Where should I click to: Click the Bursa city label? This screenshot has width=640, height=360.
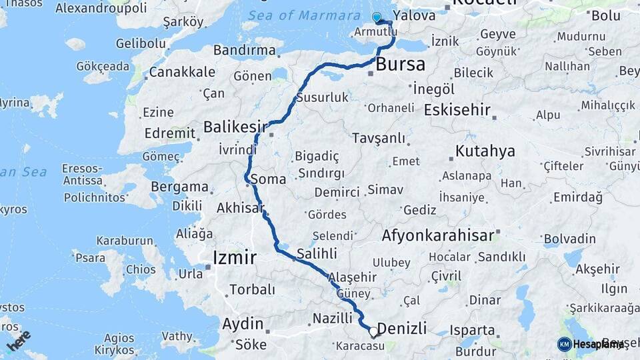(x=401, y=65)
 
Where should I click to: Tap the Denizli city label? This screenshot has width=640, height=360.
(x=402, y=328)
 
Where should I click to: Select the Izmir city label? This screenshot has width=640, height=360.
(x=234, y=257)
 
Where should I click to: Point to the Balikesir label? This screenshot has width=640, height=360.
(x=235, y=127)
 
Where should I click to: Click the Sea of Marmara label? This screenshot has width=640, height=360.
(x=303, y=15)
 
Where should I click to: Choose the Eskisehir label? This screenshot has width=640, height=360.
(x=457, y=110)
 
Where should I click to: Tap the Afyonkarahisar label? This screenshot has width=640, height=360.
(x=438, y=235)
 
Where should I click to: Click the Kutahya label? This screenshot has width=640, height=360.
(x=485, y=151)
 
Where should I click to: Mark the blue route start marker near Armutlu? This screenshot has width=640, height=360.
(x=377, y=17)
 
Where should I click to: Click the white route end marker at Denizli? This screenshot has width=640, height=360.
(x=373, y=331)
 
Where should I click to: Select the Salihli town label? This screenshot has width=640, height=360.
(x=317, y=253)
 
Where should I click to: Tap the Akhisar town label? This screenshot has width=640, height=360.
(x=240, y=209)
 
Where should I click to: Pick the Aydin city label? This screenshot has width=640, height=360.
(x=243, y=324)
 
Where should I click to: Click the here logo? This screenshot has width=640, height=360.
(x=18, y=340)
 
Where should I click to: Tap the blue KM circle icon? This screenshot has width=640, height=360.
(x=564, y=344)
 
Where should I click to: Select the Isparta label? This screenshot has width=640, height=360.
(x=473, y=330)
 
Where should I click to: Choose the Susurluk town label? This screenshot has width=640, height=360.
(x=323, y=98)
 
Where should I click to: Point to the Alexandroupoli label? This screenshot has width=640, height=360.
(x=101, y=9)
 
